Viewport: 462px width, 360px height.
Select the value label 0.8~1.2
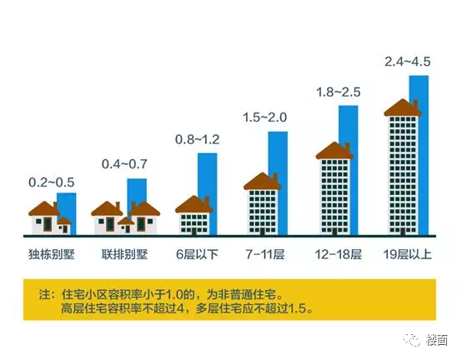click(196, 138)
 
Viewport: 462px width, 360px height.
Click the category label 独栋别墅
click(52, 252)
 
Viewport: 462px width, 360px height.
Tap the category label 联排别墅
click(123, 252)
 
